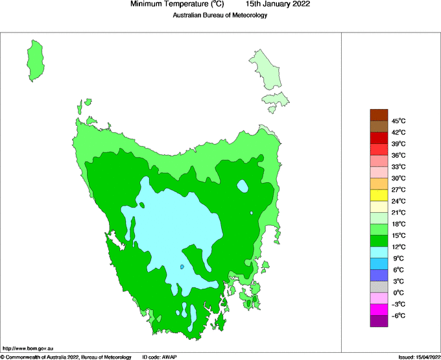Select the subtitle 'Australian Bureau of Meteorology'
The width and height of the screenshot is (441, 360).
(220, 15)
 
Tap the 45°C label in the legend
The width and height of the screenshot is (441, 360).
(399, 121)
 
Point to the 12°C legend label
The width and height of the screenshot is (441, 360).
(399, 246)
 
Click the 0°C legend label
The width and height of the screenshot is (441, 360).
(399, 293)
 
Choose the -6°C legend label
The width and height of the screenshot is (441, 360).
(398, 315)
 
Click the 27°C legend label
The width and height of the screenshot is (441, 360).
(399, 189)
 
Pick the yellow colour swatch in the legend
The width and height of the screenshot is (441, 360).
(379, 195)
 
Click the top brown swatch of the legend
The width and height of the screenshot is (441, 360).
(379, 115)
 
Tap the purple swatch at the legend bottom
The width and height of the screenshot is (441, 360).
(379, 321)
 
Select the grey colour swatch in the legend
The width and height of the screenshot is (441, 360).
(379, 287)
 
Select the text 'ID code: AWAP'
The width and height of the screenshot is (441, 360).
(160, 356)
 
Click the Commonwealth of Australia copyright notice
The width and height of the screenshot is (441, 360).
(66, 356)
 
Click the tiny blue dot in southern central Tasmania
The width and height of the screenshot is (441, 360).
(183, 266)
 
